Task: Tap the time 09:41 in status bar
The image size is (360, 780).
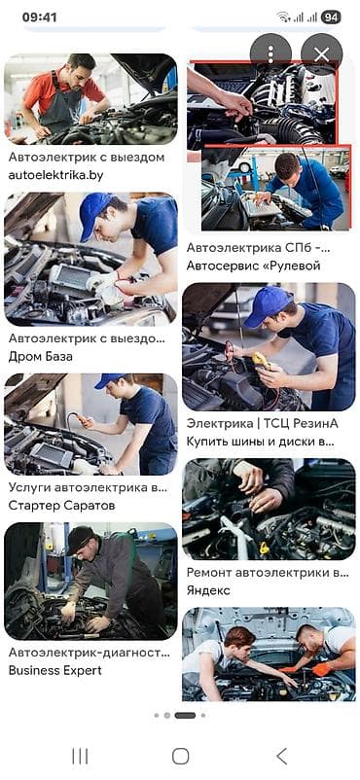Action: [x=40, y=18]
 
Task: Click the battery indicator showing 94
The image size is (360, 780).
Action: [x=331, y=18]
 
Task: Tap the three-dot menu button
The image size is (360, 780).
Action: [x=271, y=53]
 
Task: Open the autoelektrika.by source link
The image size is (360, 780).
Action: [x=56, y=175]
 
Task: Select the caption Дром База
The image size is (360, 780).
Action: [x=41, y=356]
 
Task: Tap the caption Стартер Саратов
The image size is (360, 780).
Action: [x=61, y=506]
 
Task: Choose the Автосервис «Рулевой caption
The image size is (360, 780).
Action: [x=253, y=266]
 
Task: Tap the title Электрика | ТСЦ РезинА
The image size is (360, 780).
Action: [x=262, y=424]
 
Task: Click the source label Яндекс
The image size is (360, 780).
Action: [x=208, y=590]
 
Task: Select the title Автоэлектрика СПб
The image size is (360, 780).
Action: [x=259, y=248]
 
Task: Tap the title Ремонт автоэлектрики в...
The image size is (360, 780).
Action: [x=267, y=573]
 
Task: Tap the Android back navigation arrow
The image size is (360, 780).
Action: [x=282, y=756]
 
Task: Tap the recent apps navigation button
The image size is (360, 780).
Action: [x=81, y=756]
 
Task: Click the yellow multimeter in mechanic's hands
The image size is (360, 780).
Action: [x=260, y=361]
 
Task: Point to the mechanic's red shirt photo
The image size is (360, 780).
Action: [x=90, y=99]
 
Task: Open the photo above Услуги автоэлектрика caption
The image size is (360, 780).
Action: [x=90, y=424]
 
